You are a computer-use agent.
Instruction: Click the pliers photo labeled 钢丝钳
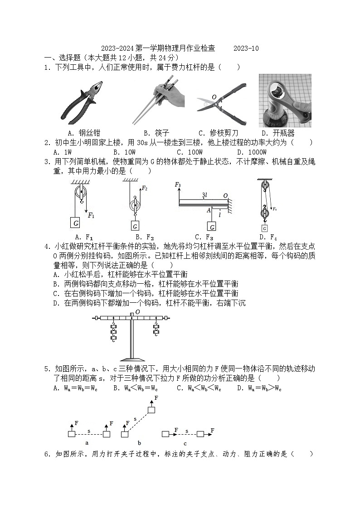click(x=82, y=102)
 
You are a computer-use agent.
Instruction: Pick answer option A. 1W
click(x=63, y=152)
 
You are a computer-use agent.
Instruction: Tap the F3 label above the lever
click(x=178, y=185)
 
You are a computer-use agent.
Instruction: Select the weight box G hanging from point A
click(x=211, y=226)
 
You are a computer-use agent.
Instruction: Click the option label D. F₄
click(x=268, y=237)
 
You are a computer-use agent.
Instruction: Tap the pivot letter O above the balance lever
click(x=137, y=312)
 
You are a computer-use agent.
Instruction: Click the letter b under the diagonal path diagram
click(x=139, y=442)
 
